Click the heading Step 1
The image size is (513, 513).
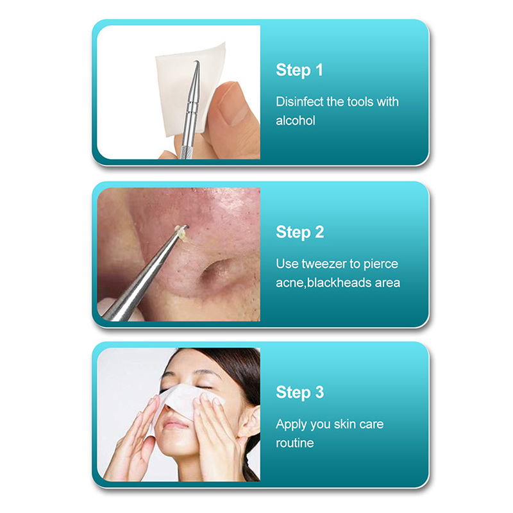[299, 71]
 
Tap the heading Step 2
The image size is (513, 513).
[300, 232]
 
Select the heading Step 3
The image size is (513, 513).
[300, 392]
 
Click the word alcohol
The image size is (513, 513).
[296, 121]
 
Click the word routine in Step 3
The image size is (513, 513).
[295, 443]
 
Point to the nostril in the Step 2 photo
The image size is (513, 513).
[216, 270]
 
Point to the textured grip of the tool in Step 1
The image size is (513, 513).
[187, 153]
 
